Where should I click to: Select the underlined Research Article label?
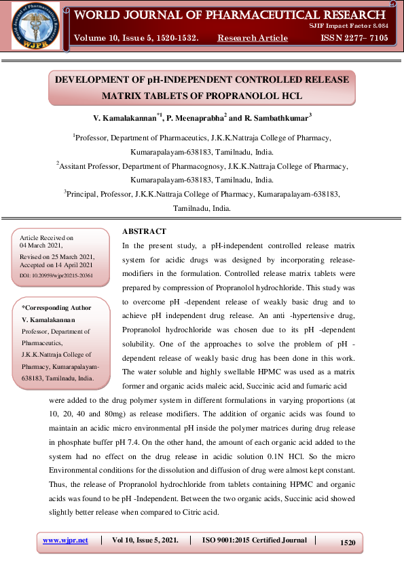(253, 38)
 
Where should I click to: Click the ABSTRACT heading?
(143, 231)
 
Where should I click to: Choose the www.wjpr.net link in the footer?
(65, 540)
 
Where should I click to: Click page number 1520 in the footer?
(348, 543)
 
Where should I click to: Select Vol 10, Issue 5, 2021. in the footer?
(145, 540)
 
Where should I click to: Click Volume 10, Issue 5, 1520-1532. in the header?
(136, 38)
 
